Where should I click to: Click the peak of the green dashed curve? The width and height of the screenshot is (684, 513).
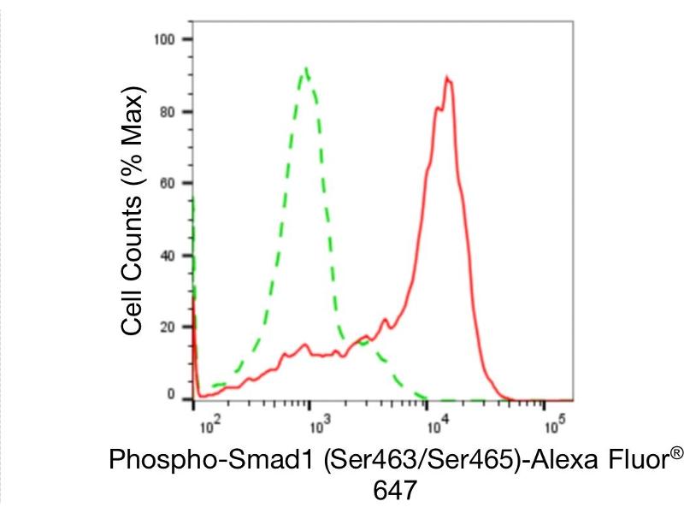[306, 68]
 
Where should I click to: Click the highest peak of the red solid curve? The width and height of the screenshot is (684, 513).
[447, 77]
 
